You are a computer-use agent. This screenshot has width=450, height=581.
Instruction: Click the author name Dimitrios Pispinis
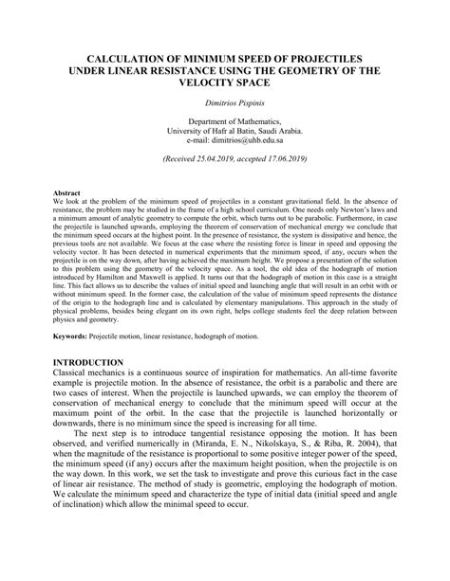(225, 102)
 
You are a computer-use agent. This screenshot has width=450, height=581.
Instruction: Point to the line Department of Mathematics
(225, 122)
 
